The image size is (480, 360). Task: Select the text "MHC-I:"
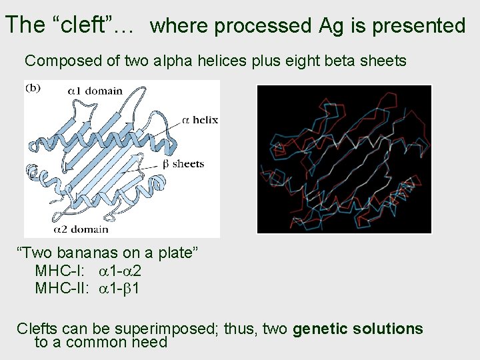click(56, 271)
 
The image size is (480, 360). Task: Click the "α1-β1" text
click(120, 289)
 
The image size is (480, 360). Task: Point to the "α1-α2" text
click(120, 271)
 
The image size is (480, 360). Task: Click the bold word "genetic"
click(323, 329)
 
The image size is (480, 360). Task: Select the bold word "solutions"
click(390, 329)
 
